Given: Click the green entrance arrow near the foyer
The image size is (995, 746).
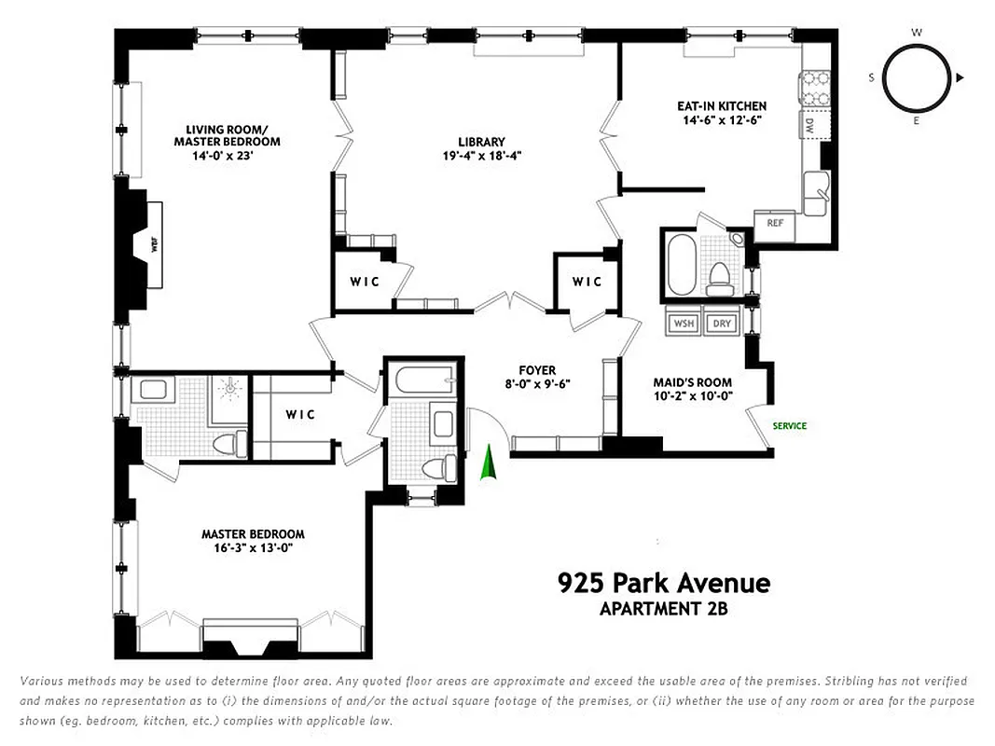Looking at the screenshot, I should [486, 463].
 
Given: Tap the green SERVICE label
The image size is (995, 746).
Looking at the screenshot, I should [789, 426].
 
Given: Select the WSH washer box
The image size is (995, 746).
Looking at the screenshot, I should [684, 324].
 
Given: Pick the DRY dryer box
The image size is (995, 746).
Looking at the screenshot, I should [721, 324].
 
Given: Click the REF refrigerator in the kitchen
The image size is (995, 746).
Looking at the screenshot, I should [775, 223].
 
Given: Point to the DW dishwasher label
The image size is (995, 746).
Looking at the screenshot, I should [809, 124].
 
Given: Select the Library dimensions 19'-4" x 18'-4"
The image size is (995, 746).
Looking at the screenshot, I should [481, 157].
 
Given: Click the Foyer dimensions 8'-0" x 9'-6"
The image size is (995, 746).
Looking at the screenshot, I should [537, 383].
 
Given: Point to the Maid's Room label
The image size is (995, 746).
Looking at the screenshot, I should [692, 382].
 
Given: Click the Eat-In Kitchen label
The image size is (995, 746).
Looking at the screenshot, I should [722, 106].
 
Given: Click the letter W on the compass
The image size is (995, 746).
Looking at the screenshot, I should [917, 33].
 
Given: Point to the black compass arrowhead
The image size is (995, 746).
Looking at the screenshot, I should [960, 77].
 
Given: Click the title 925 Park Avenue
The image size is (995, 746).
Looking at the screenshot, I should [664, 584].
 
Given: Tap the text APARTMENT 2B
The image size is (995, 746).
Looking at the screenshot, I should [663, 611].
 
